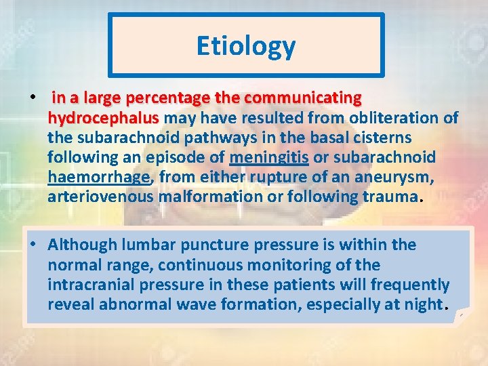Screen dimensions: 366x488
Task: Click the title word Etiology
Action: (245, 46)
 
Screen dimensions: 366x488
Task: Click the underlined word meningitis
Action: (269, 157)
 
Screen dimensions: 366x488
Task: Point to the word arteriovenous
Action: (100, 197)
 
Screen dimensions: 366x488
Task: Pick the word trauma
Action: (393, 197)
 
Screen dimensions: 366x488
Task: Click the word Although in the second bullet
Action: (84, 244)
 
